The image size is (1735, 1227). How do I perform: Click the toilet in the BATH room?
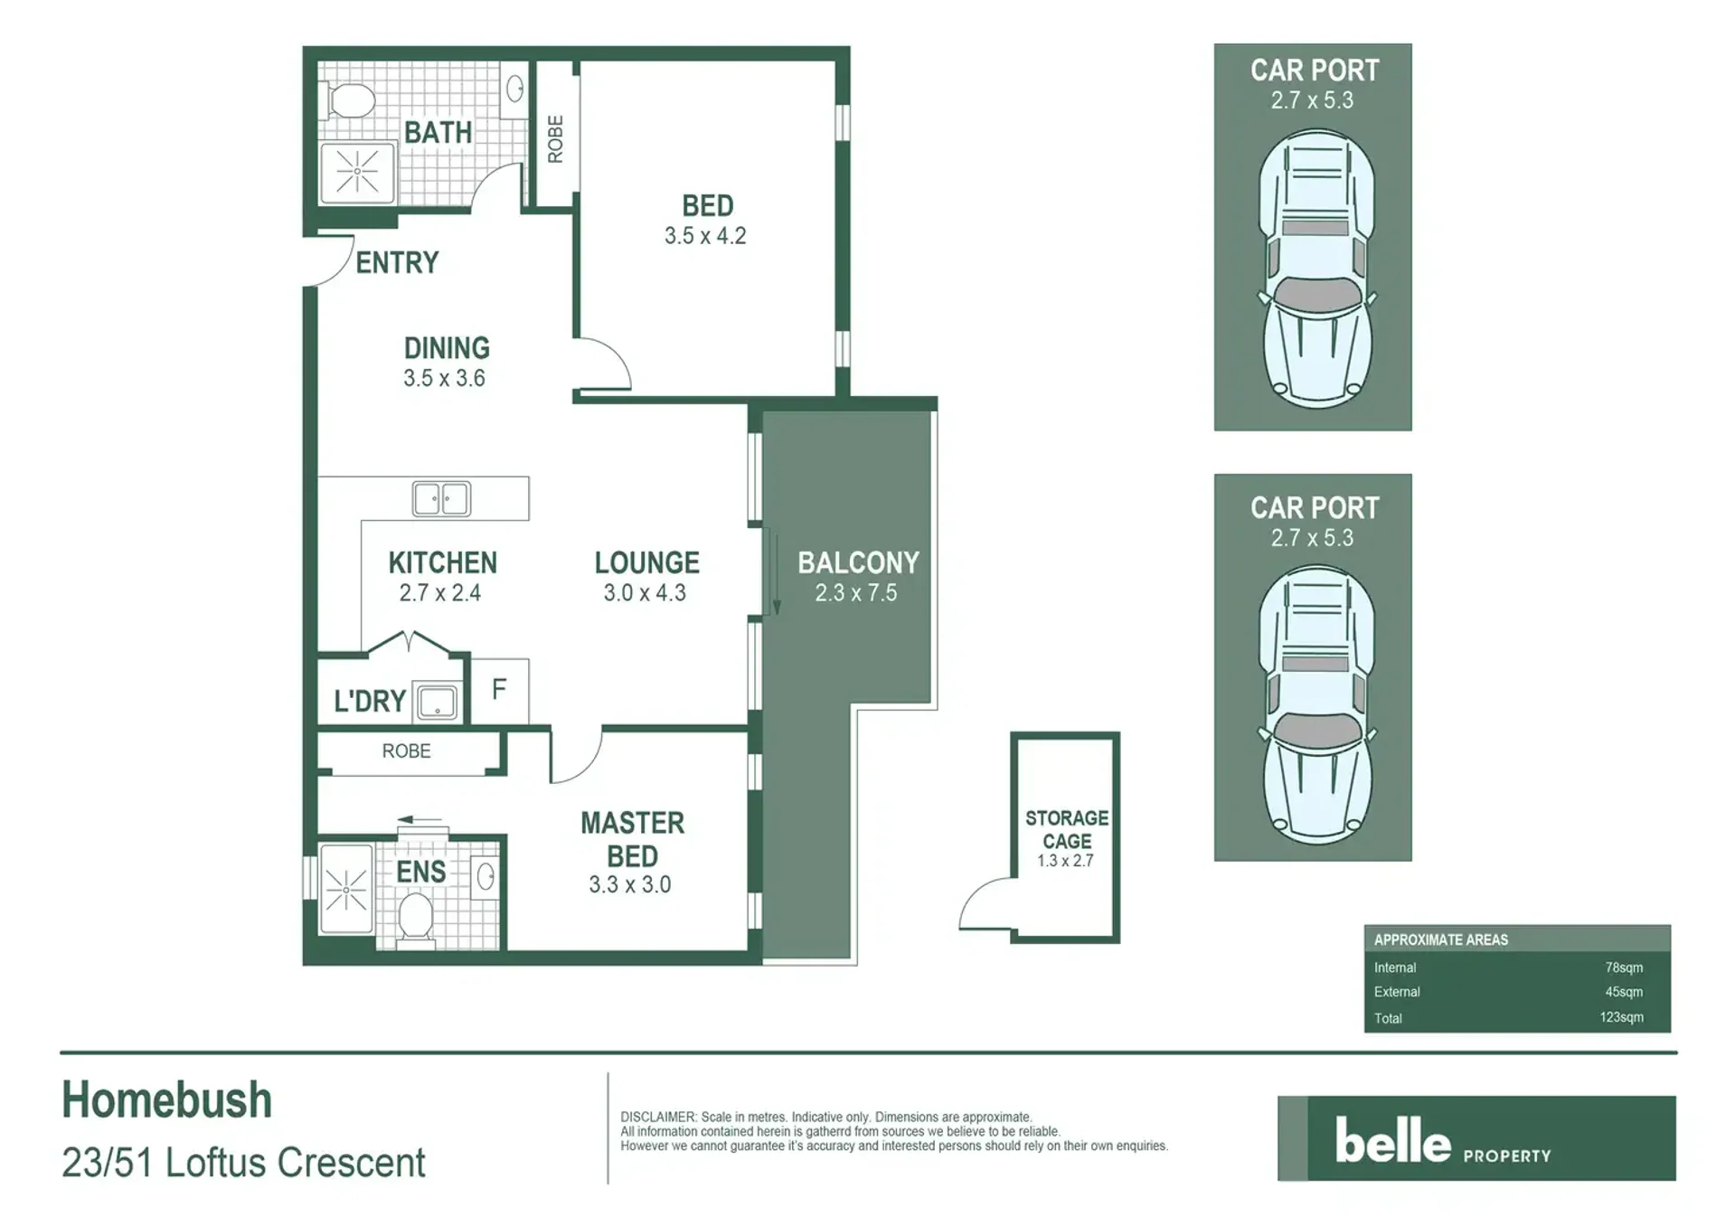pyautogui.click(x=349, y=100)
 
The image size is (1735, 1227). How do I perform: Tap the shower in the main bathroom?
pyautogui.click(x=358, y=172)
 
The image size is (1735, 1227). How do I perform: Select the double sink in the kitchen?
pyautogui.click(x=441, y=498)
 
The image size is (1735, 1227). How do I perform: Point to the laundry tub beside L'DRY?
pyautogui.click(x=437, y=701)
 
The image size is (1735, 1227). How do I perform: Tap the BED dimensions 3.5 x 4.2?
pyautogui.click(x=705, y=236)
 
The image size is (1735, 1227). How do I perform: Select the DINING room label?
pyautogui.click(x=447, y=348)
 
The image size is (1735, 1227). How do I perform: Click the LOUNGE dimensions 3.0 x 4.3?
pyautogui.click(x=645, y=593)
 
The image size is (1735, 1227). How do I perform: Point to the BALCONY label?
pyautogui.click(x=858, y=562)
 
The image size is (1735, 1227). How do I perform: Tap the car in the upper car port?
pyautogui.click(x=1316, y=269)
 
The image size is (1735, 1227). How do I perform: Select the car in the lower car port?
pyautogui.click(x=1316, y=705)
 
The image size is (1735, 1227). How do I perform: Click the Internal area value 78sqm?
pyautogui.click(x=1624, y=967)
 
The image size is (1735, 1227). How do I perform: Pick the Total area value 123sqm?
pyautogui.click(x=1621, y=1017)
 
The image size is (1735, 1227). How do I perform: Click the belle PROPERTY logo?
pyautogui.click(x=1476, y=1138)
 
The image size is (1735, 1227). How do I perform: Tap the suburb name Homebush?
pyautogui.click(x=167, y=1100)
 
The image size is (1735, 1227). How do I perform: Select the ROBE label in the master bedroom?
pyautogui.click(x=406, y=751)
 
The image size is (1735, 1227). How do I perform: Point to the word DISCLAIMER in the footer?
pyautogui.click(x=658, y=1117)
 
